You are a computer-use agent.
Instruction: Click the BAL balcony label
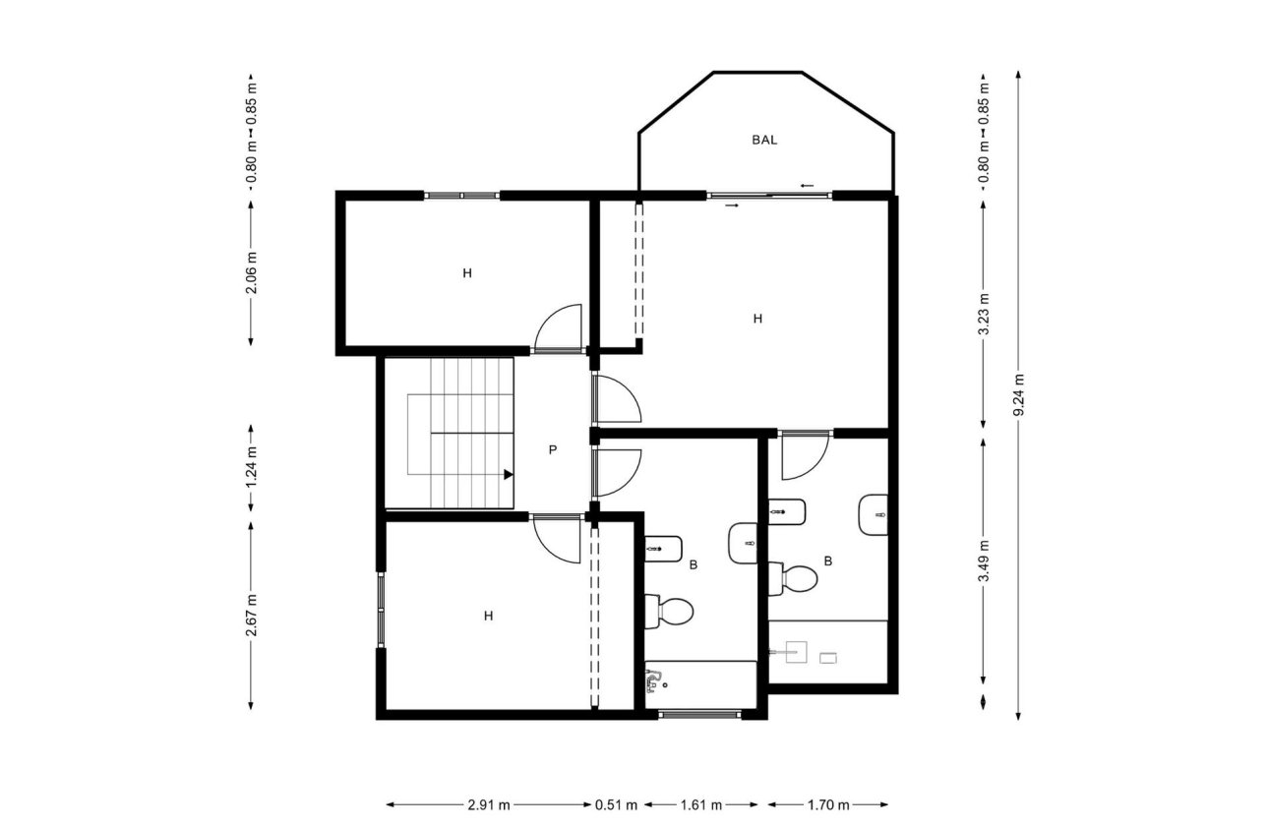[764, 140]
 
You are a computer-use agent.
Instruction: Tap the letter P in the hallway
[553, 449]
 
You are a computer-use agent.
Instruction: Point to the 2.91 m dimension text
[488, 805]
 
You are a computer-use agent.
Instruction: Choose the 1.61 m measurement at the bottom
[702, 805]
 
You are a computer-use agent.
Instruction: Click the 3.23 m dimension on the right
[983, 314]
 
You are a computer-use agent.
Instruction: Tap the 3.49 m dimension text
[983, 561]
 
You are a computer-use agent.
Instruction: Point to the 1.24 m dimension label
[252, 468]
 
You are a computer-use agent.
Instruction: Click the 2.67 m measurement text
[252, 614]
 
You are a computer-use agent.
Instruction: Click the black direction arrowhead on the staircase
[509, 474]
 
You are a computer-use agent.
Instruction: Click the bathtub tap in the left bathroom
[655, 678]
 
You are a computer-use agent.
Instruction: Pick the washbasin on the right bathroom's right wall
[874, 515]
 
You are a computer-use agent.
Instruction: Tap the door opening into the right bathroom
[805, 455]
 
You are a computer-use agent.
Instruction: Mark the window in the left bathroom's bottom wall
[699, 715]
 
